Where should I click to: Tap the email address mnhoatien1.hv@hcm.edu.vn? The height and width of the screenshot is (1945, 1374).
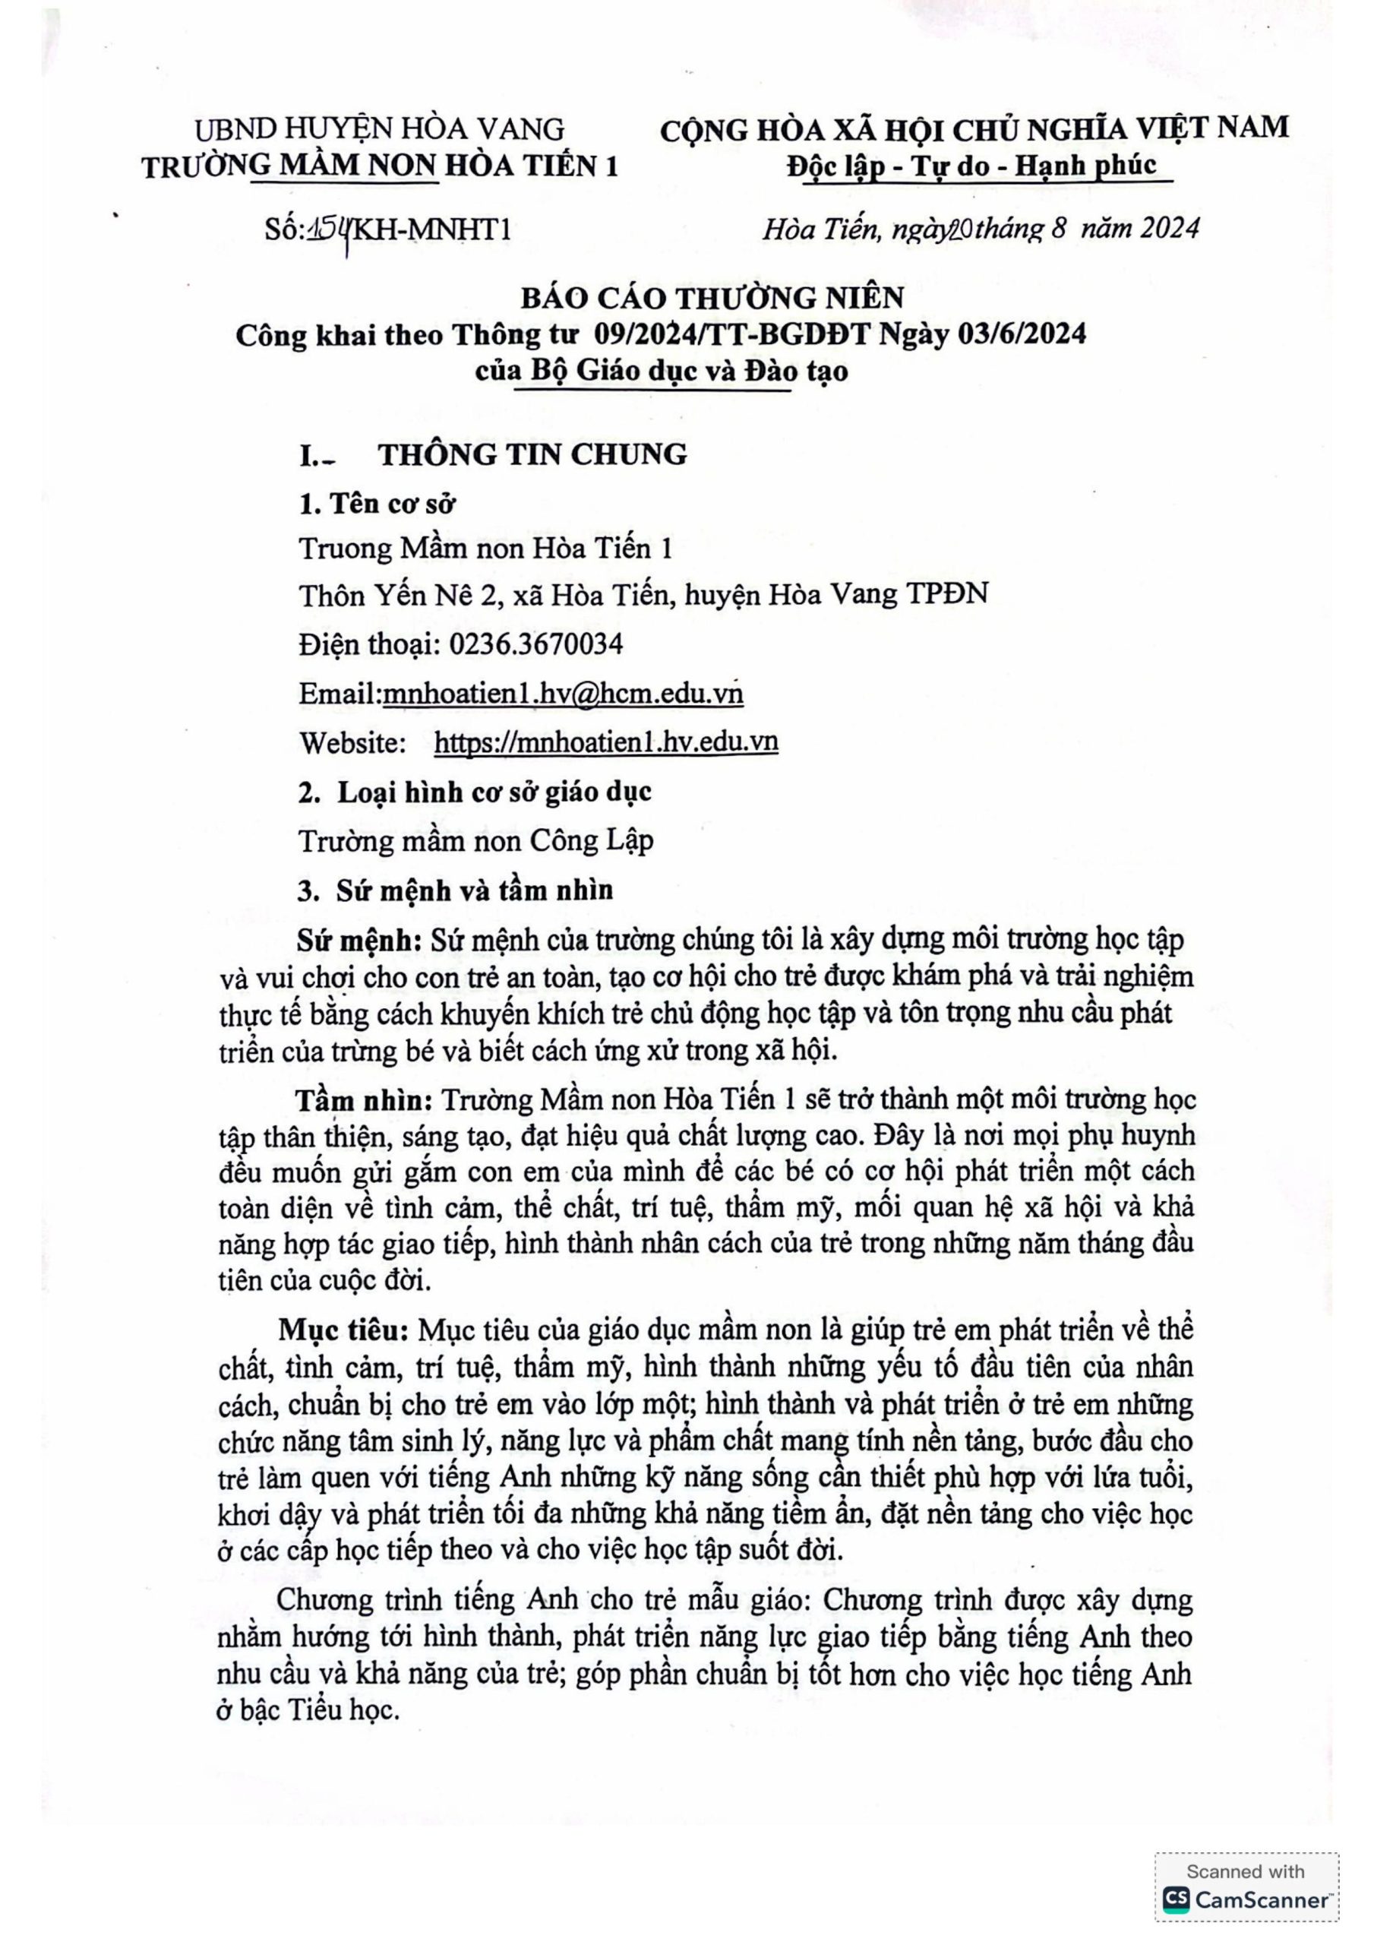point(564,694)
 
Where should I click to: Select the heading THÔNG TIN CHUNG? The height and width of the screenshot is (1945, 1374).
point(532,455)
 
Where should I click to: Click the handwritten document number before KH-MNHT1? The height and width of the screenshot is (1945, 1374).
point(330,228)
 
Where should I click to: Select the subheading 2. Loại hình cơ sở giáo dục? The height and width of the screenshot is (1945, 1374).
point(475,792)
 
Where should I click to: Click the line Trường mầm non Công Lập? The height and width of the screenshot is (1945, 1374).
point(476,841)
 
